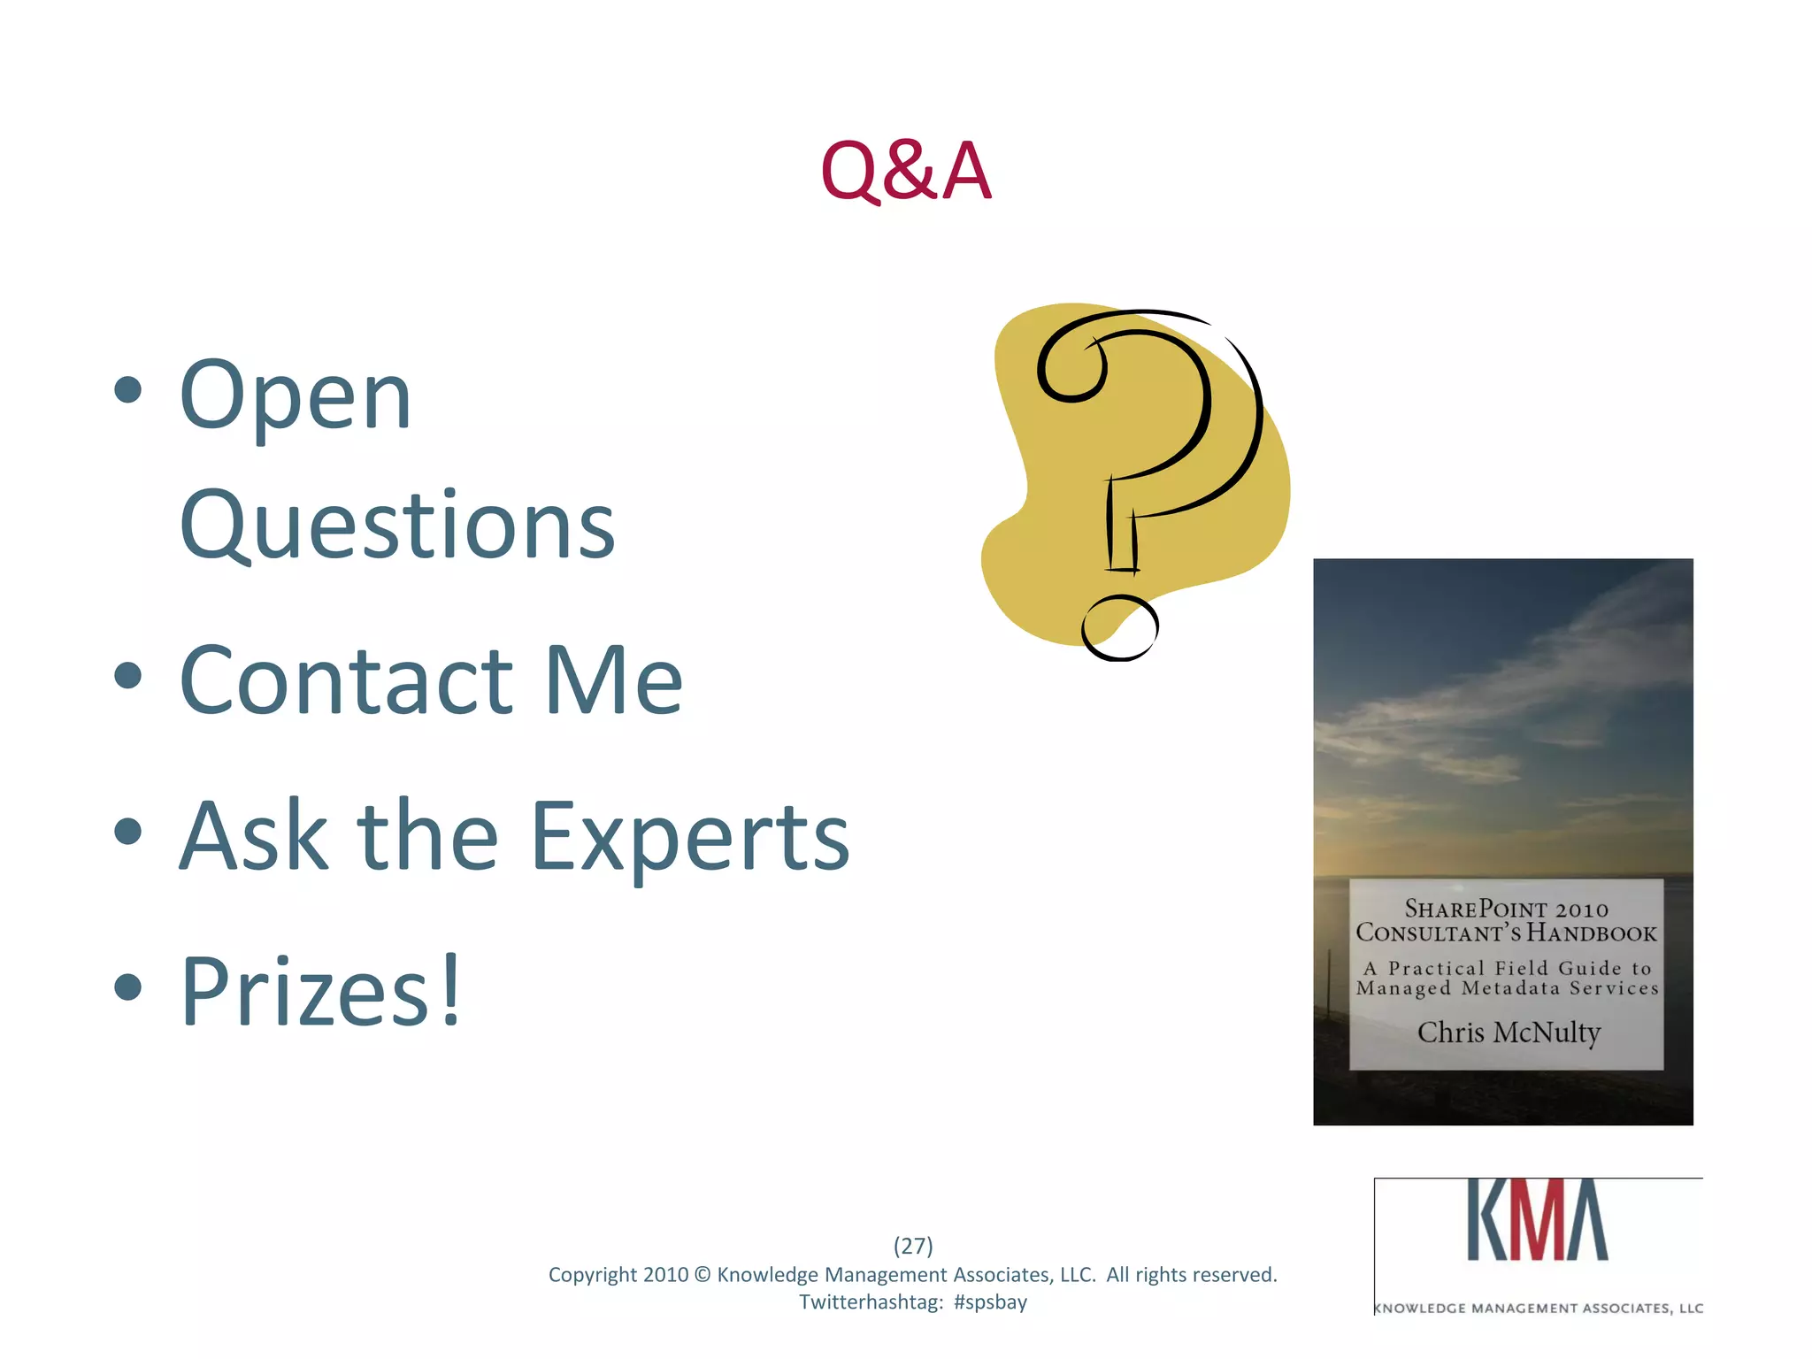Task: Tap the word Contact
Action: (346, 679)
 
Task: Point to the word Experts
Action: (690, 836)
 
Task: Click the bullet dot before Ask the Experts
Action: (128, 831)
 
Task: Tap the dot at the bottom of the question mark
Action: (1120, 627)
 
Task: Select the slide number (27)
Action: (913, 1246)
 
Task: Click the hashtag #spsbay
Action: (990, 1302)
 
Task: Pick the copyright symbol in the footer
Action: (703, 1275)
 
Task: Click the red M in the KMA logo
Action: (1537, 1220)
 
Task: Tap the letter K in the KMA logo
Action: (1489, 1220)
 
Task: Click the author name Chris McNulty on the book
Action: (1509, 1033)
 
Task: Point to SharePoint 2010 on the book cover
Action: (1506, 909)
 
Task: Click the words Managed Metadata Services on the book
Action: (1507, 988)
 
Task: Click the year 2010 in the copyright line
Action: (665, 1275)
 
